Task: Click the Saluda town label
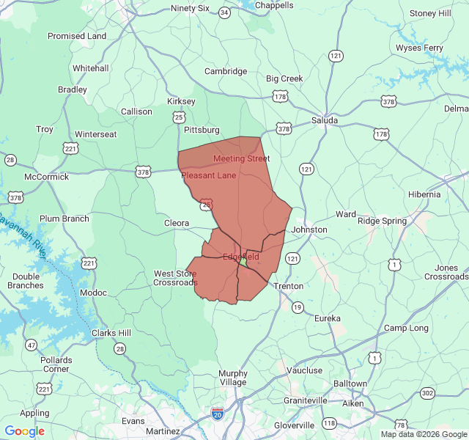[325, 120]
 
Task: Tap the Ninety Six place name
[190, 8]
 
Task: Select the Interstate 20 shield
[218, 414]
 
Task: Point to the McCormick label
[46, 177]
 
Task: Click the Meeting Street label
[241, 158]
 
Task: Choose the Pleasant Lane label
[209, 176]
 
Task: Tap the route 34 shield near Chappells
[224, 13]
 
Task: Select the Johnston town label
[309, 230]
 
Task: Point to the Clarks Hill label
[112, 333]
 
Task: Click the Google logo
[24, 431]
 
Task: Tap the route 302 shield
[427, 394]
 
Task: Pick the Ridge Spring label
[382, 221]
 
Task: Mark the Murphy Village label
[233, 378]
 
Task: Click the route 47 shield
[31, 345]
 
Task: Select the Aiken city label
[352, 403]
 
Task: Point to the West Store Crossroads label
[175, 278]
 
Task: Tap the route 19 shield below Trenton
[298, 308]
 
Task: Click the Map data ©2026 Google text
[423, 434]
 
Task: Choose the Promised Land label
[77, 36]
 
